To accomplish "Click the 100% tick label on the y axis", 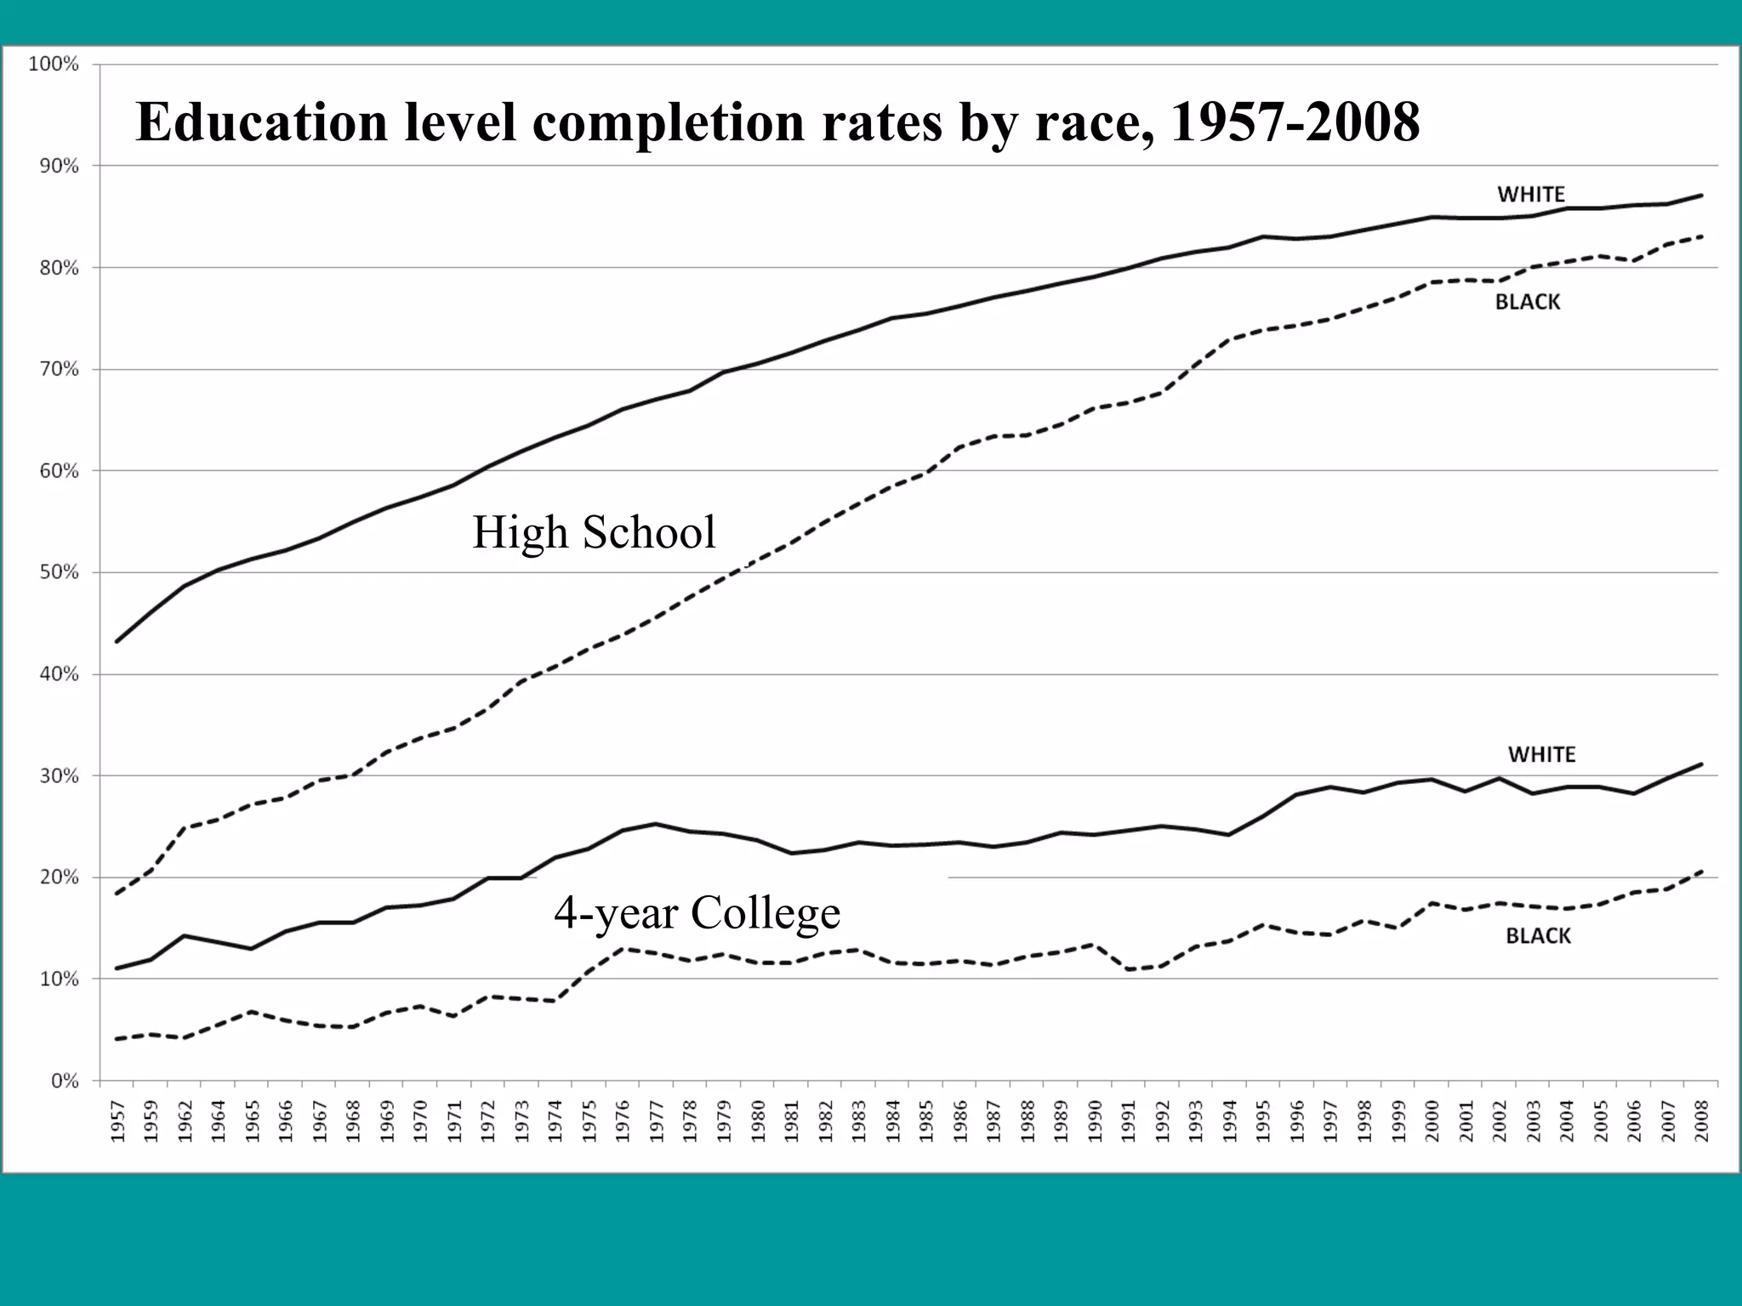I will coord(54,65).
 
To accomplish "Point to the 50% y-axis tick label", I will coord(58,572).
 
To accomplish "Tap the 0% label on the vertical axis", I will coord(65,1081).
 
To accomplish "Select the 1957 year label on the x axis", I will coord(117,1121).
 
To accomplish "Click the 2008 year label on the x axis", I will coord(1702,1121).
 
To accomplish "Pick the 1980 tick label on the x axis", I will coord(758,1121).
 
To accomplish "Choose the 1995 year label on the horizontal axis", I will coord(1263,1121).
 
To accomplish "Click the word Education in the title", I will coord(261,122).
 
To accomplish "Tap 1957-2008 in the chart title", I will coord(1295,122).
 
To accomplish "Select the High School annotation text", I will coord(594,532).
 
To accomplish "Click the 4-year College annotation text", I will coord(697,912).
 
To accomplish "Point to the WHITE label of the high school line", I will coord(1531,194).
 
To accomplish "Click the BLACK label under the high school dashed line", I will coord(1528,302).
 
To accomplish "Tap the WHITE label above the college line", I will coord(1541,754).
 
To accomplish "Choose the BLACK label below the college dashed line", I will coord(1538,936).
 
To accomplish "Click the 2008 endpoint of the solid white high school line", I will coord(1701,196).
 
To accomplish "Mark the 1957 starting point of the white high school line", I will coord(117,641).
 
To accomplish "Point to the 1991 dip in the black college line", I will coord(1129,969).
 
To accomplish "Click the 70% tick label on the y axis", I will coord(58,369).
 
